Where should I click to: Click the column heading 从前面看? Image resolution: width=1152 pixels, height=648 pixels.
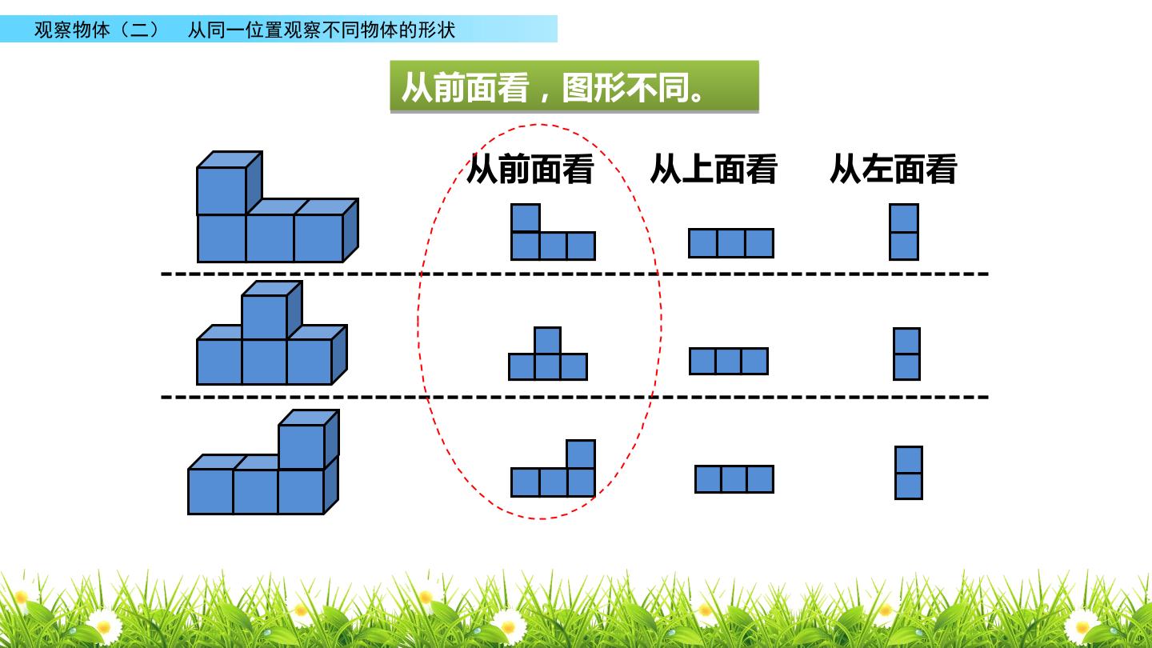pos(530,169)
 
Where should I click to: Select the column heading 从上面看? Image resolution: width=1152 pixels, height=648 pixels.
pos(714,169)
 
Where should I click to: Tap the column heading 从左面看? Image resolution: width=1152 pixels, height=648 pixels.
pos(894,169)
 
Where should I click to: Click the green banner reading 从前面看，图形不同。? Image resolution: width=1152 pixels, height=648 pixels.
pos(574,86)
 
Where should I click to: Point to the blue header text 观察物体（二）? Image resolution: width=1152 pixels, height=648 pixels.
pos(98,30)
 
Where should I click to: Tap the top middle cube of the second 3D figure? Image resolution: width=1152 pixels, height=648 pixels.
pos(271,310)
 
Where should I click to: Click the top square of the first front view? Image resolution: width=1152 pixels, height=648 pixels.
pos(525,218)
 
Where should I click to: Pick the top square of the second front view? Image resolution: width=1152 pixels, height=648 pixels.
pos(547,341)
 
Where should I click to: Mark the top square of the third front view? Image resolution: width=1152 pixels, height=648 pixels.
pos(581,454)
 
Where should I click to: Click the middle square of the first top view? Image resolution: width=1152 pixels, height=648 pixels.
pos(731,243)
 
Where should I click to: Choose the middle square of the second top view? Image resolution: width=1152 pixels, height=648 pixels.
pos(728,361)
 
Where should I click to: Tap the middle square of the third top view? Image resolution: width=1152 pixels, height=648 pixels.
pos(734,479)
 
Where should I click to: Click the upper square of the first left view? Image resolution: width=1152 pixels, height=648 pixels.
pos(904,218)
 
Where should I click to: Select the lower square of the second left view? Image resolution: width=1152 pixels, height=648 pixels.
pos(906,367)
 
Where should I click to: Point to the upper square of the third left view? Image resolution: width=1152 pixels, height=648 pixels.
pos(908,460)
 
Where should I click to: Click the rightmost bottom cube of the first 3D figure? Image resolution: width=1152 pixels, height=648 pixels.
pos(326,231)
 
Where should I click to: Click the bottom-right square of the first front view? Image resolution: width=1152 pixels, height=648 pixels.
pos(581,246)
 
